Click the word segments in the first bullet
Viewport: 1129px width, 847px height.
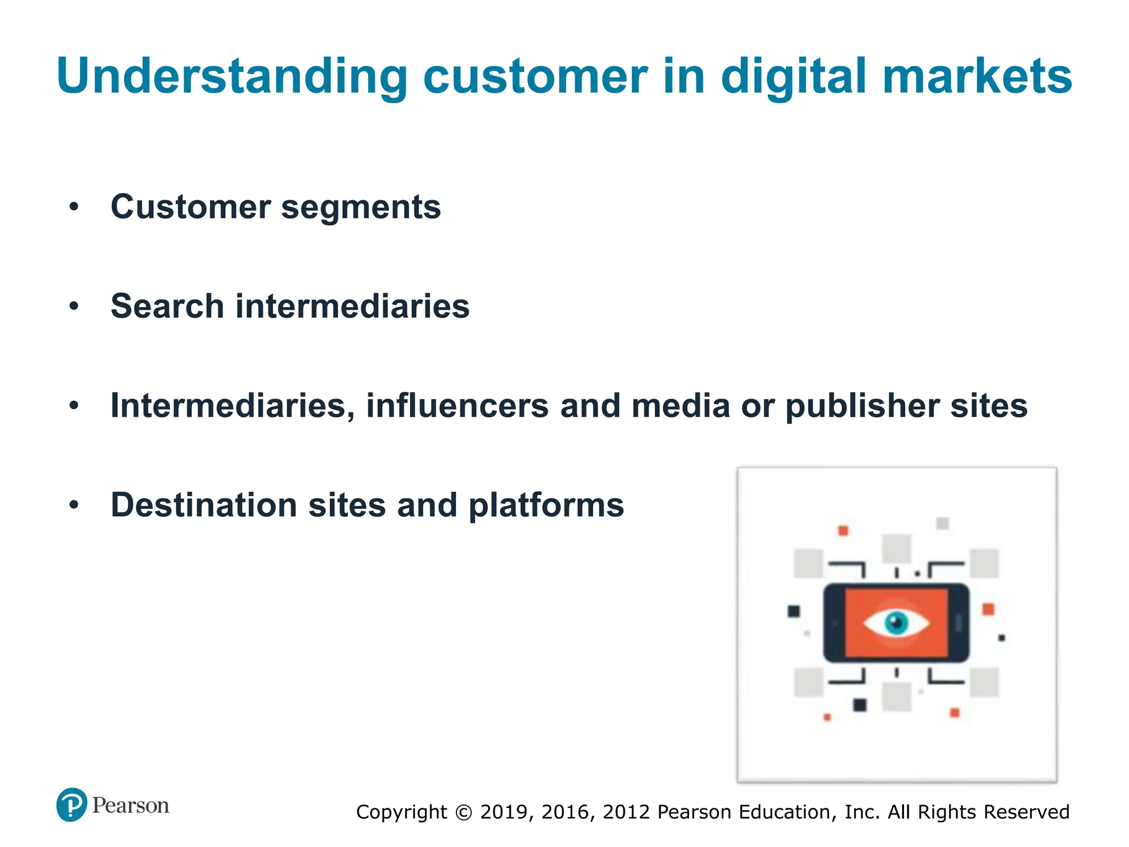point(361,207)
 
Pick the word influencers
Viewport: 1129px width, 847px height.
point(457,406)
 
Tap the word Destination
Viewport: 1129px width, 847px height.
point(204,505)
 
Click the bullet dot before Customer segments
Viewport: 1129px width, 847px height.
point(74,207)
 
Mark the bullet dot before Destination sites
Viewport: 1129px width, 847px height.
point(74,505)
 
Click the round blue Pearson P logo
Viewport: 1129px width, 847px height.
point(72,805)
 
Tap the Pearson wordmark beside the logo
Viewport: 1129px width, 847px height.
point(131,806)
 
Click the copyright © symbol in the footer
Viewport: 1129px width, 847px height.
point(464,812)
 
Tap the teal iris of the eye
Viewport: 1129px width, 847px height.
point(896,623)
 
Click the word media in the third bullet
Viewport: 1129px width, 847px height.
point(681,406)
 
